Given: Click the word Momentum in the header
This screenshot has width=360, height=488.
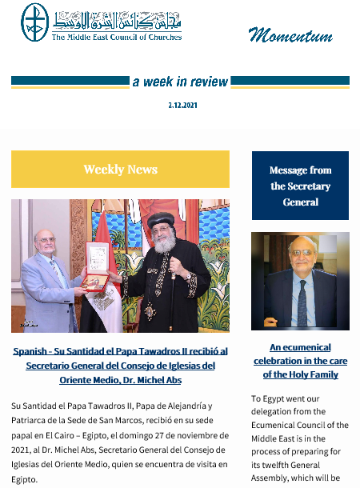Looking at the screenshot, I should [x=289, y=34].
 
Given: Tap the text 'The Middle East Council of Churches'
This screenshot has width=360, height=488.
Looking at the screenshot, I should [x=117, y=37].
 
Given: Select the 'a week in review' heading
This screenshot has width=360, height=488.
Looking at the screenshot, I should [x=180, y=82].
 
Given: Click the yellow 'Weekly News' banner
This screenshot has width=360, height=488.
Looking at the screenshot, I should [x=120, y=170].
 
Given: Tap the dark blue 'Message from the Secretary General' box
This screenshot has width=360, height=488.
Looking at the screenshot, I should [x=300, y=186].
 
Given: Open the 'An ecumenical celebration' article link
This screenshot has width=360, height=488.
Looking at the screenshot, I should [x=300, y=361].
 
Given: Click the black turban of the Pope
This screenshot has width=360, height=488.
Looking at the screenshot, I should [x=161, y=221].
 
